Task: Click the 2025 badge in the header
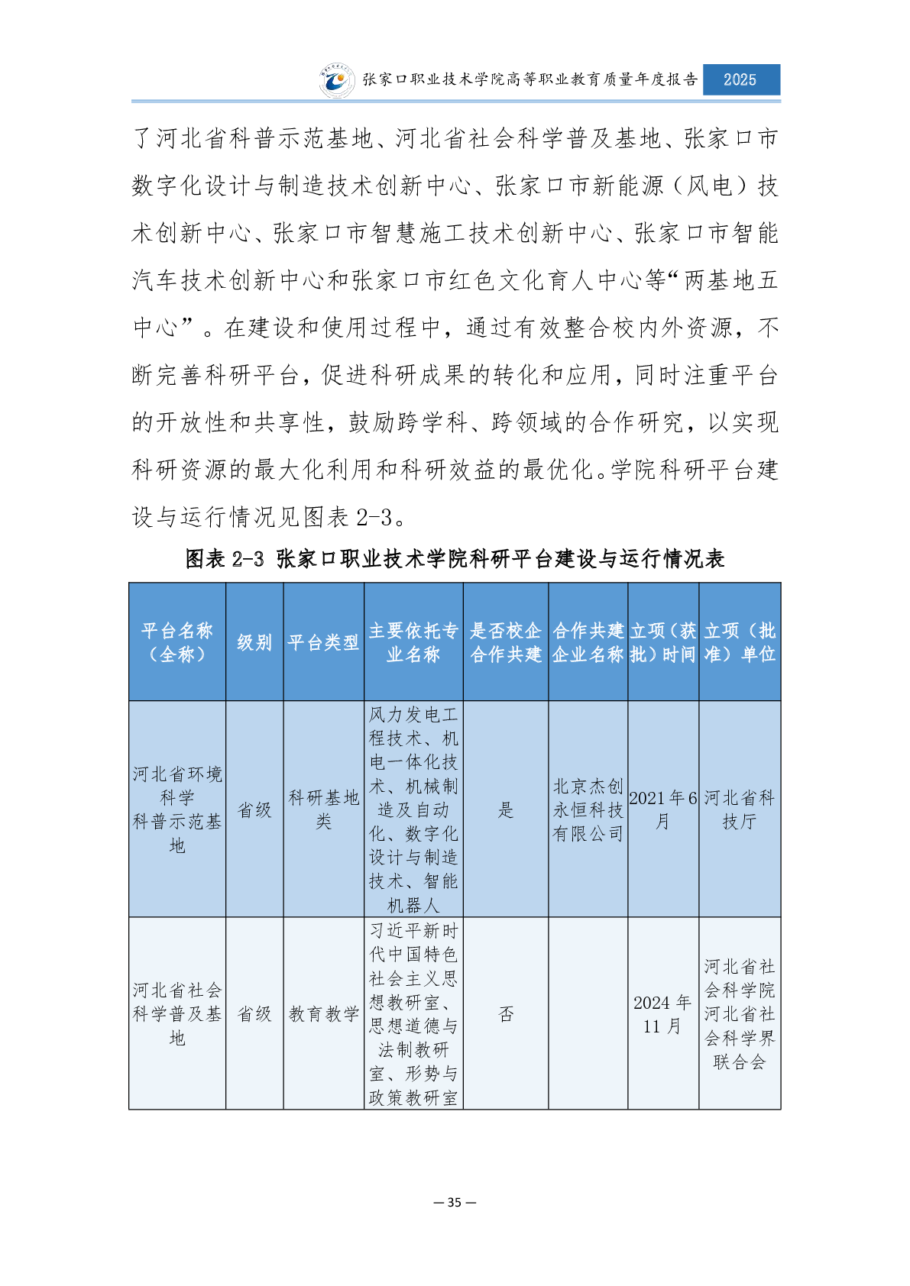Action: pyautogui.click(x=740, y=79)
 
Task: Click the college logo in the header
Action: pyautogui.click(x=337, y=80)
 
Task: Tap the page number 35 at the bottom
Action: pyautogui.click(x=455, y=1202)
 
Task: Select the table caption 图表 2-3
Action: pyautogui.click(x=455, y=559)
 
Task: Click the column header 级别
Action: pyautogui.click(x=254, y=642)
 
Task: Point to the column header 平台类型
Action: pyautogui.click(x=323, y=642)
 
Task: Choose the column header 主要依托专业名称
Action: pyautogui.click(x=413, y=642)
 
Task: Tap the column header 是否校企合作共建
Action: pyautogui.click(x=506, y=642)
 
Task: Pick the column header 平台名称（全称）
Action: pyautogui.click(x=177, y=642)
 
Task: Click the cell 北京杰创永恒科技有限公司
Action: pyautogui.click(x=588, y=809)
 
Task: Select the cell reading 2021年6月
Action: pyautogui.click(x=662, y=809)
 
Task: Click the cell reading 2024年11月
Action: pyautogui.click(x=662, y=1014)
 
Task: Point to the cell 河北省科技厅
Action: pyautogui.click(x=739, y=809)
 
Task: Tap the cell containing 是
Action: pyautogui.click(x=506, y=809)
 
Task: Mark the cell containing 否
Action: pyautogui.click(x=506, y=1014)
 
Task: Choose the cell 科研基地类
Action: pyautogui.click(x=323, y=809)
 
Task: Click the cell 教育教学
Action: pyautogui.click(x=323, y=1014)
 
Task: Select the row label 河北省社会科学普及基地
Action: pyautogui.click(x=177, y=1014)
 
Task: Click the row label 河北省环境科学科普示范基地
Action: pyautogui.click(x=177, y=809)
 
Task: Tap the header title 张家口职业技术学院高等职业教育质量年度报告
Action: pyautogui.click(x=529, y=79)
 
